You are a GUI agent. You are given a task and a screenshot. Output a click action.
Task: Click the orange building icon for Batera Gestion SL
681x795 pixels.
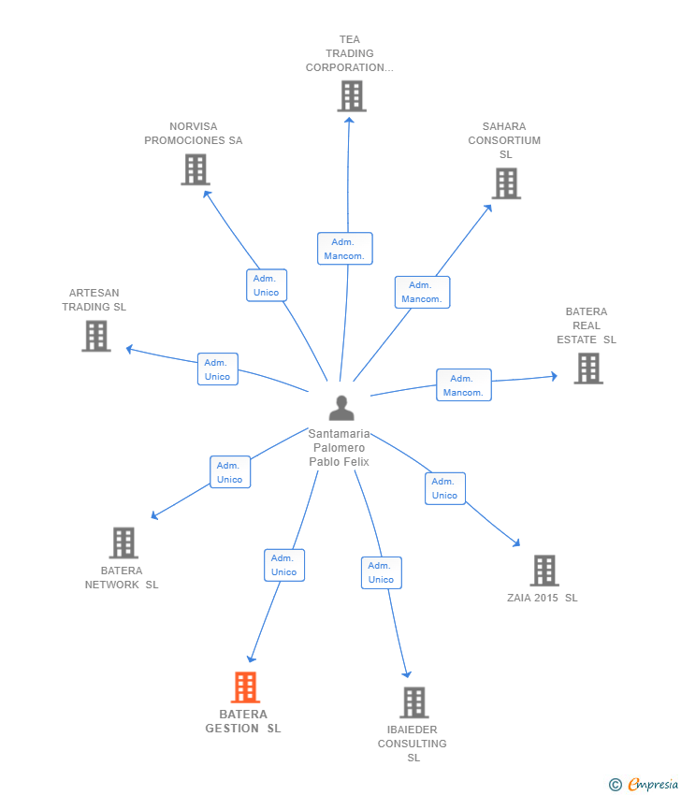[245, 687]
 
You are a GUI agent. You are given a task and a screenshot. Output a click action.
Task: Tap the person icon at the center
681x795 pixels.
[341, 408]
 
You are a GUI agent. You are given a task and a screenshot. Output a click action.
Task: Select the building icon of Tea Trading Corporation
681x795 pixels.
[352, 96]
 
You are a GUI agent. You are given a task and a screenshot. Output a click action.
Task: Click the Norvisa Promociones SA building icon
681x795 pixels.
[196, 170]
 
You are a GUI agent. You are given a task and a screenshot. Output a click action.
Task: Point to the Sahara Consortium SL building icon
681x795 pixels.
[506, 183]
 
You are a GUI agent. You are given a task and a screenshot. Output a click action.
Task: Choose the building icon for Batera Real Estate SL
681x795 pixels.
[588, 369]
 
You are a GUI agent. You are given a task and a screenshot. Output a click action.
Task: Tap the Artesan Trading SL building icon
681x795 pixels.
[96, 336]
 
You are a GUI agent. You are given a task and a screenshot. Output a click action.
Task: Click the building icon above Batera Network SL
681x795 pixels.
[123, 543]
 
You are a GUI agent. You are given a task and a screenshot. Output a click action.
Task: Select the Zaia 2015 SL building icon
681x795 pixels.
[544, 571]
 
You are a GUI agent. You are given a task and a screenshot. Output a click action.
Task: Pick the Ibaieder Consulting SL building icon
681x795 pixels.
[414, 702]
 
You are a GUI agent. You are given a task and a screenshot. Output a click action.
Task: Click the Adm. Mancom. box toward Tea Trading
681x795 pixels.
[345, 249]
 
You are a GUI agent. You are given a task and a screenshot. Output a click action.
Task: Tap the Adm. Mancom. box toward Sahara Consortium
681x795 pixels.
[423, 292]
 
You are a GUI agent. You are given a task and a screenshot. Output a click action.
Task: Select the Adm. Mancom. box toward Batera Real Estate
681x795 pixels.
[464, 384]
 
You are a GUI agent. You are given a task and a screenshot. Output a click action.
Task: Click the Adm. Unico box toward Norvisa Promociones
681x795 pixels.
[267, 285]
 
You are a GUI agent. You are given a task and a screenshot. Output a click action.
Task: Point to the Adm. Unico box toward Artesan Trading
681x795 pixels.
[218, 369]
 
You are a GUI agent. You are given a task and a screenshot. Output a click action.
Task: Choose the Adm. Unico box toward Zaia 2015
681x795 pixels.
[445, 488]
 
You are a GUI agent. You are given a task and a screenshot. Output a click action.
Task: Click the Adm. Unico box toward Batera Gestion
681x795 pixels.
[284, 565]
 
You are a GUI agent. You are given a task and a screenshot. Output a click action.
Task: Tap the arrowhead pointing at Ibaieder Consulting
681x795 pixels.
[406, 673]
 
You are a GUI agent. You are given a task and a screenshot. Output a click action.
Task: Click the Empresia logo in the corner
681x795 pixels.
[644, 785]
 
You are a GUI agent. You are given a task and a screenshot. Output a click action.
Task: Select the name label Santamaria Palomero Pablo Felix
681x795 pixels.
[340, 448]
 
